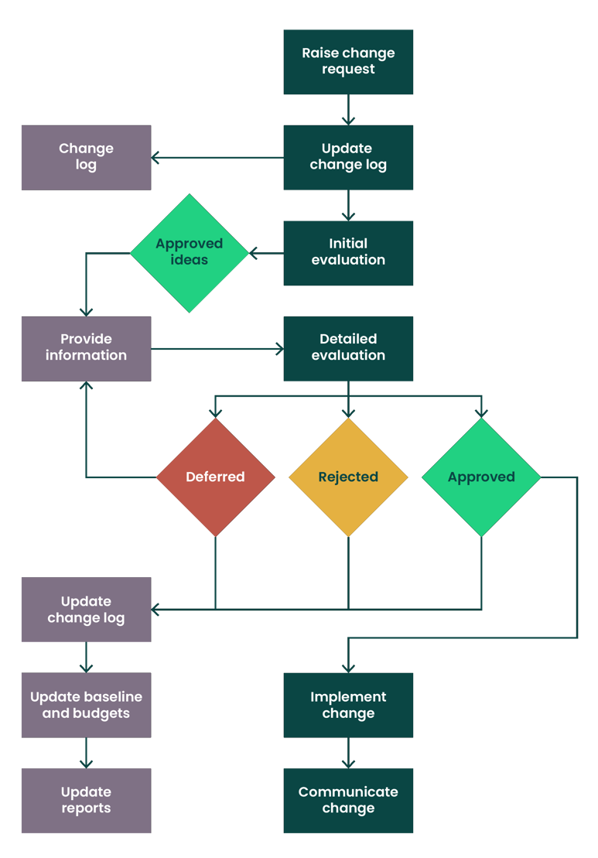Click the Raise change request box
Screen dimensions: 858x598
click(348, 62)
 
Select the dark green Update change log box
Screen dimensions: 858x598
click(348, 157)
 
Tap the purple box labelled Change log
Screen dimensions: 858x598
click(86, 157)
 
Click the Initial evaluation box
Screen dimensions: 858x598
click(348, 252)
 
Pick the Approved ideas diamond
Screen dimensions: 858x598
click(190, 252)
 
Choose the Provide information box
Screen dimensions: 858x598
click(86, 347)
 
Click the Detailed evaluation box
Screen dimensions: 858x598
click(348, 347)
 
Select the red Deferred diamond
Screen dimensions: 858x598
click(215, 477)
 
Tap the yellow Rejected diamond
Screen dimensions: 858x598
click(348, 477)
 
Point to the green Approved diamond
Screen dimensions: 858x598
click(481, 477)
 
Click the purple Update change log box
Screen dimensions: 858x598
click(86, 610)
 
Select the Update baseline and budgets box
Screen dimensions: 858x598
click(86, 705)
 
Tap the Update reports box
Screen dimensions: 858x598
click(86, 800)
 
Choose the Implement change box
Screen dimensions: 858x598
click(348, 705)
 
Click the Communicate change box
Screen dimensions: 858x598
click(348, 800)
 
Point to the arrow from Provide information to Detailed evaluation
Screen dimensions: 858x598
click(217, 350)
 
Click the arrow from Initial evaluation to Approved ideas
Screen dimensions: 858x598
click(266, 252)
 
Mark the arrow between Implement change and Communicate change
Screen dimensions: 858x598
click(348, 753)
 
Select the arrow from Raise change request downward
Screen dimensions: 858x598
click(348, 110)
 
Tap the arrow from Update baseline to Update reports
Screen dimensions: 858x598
click(86, 753)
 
